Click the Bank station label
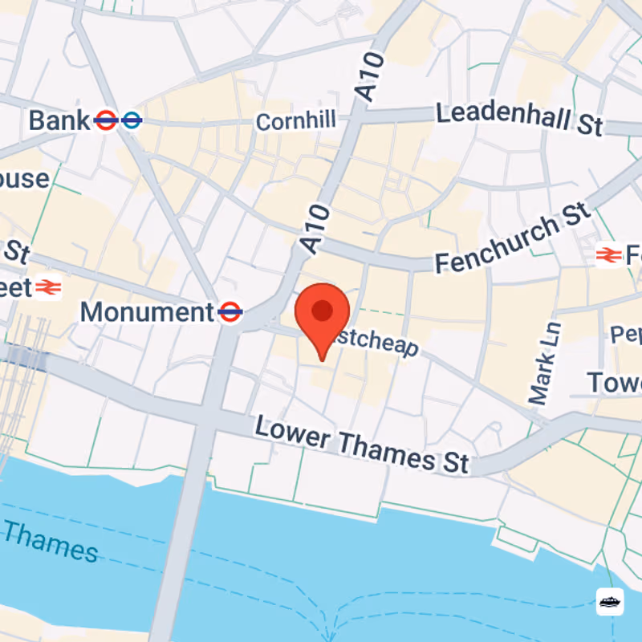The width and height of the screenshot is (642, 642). click(59, 120)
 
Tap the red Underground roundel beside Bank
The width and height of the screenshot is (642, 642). click(106, 120)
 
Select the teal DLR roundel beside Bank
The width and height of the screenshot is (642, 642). click(132, 120)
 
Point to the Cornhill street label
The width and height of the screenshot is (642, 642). click(295, 121)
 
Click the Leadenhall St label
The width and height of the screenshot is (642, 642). click(519, 118)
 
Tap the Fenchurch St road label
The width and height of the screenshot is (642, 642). click(512, 239)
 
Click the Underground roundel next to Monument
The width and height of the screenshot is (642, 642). click(230, 311)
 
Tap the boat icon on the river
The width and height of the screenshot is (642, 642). click(610, 600)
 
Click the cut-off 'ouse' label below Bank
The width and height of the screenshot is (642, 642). click(24, 178)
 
